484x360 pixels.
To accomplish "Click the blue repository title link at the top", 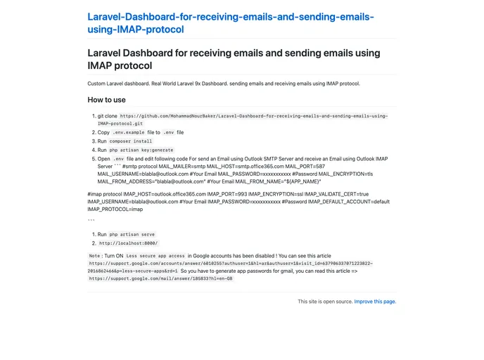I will tap(230, 22).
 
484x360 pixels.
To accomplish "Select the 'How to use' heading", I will tap(106, 100).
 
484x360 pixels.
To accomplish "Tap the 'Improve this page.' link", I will tap(375, 302).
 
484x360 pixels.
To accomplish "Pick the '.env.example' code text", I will tap(128, 132).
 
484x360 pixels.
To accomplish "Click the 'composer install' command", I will tap(131, 141).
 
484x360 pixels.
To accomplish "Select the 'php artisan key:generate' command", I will tap(141, 150).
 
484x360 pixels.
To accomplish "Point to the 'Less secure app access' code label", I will tap(155, 256).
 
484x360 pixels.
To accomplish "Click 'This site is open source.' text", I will tap(324, 302).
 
